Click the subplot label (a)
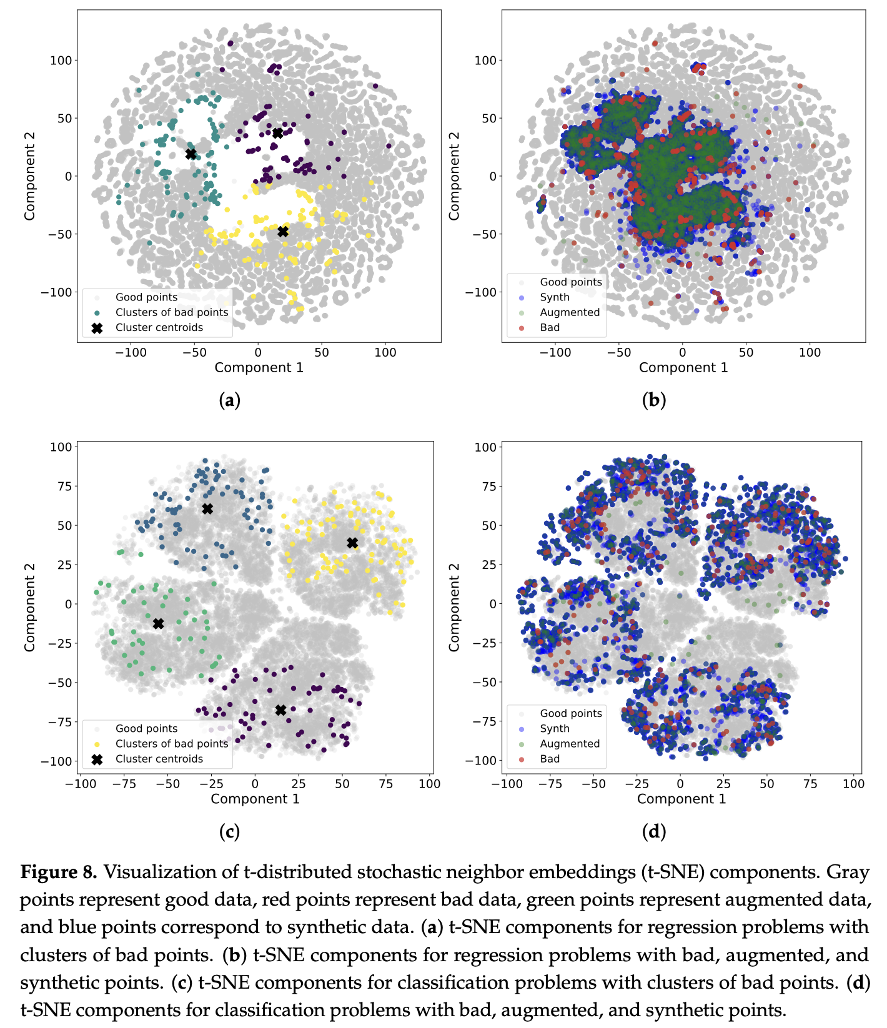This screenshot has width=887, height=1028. pos(229,400)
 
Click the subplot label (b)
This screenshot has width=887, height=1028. pos(653,400)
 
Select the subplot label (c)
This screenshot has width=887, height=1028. pos(229,831)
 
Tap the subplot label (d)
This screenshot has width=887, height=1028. pos(653,831)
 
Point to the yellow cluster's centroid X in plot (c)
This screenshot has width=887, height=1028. pos(352,543)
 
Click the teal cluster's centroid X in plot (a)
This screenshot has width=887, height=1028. pos(191,154)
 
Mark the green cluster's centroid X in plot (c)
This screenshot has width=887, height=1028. pos(158,623)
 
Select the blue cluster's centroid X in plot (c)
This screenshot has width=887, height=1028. pos(207,509)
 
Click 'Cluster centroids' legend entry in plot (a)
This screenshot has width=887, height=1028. pos(159,327)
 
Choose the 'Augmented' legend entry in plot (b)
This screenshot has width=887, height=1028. pos(569,312)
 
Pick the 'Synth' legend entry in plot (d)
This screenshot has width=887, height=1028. pos(554,728)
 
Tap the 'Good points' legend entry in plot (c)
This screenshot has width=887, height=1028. pos(146,728)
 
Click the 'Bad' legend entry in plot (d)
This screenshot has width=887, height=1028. pos(550,759)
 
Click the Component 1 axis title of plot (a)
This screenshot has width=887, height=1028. pos(259,367)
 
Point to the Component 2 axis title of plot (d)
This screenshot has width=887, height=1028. pos(454,607)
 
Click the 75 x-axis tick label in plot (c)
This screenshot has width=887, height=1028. pos(386,784)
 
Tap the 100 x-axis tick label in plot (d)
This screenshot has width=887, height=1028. pos(853,784)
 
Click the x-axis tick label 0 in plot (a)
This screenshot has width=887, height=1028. pos(257,352)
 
